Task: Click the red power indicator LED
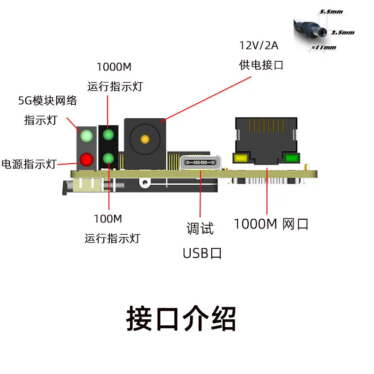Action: coord(86,160)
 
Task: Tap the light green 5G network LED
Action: coord(86,137)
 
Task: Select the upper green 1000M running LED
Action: coord(108,135)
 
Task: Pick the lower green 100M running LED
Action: coord(108,158)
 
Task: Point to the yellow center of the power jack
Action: coord(145,139)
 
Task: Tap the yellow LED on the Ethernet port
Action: coord(242,158)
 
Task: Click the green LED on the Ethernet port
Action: coord(291,158)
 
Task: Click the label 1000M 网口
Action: coord(271,224)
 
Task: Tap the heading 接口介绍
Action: coord(181,319)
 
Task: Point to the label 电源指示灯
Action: coord(29,164)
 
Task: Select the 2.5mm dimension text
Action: coord(343,33)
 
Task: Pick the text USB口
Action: coord(202,253)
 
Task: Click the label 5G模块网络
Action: coord(47,100)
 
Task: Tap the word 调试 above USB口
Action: coord(200,229)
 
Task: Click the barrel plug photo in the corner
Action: coord(311,30)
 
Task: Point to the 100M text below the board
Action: coord(108,219)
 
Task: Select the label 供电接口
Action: coord(261,65)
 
